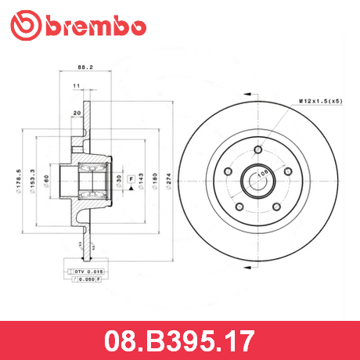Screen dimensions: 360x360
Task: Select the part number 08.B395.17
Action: tap(179, 341)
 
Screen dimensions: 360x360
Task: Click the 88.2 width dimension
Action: tap(77, 67)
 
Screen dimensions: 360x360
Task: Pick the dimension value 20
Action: tap(77, 112)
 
